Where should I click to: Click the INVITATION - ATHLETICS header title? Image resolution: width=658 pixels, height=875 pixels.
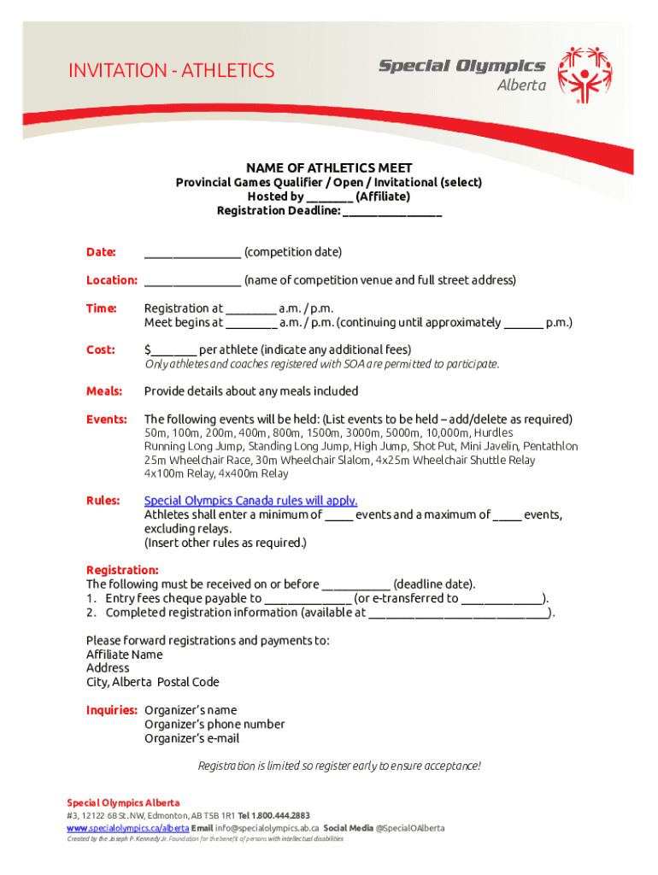coord(171,70)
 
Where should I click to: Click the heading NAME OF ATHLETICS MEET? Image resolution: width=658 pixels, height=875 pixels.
coord(329,167)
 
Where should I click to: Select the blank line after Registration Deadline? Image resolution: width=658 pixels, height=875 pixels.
coord(392,211)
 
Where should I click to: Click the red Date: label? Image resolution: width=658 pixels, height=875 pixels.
coord(101,252)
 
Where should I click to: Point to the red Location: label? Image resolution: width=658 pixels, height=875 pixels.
coord(112,280)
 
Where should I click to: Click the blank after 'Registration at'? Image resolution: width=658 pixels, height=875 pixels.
coord(251,309)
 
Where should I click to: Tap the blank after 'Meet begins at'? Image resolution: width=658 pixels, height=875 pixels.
coord(251,323)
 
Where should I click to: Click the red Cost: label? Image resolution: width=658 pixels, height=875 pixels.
coord(101,349)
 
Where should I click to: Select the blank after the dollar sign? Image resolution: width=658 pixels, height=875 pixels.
coord(174,350)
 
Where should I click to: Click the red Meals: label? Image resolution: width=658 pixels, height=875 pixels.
coord(104,391)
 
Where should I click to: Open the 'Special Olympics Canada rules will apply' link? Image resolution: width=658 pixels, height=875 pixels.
coord(250,501)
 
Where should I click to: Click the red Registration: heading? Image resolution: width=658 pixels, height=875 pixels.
coord(122,570)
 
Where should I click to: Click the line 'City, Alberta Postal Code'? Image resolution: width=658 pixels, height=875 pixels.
coord(152,682)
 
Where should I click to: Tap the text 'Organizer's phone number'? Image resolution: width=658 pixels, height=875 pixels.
coord(214,724)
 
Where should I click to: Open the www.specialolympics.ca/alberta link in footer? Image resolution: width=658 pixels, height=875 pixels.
coord(127,828)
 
